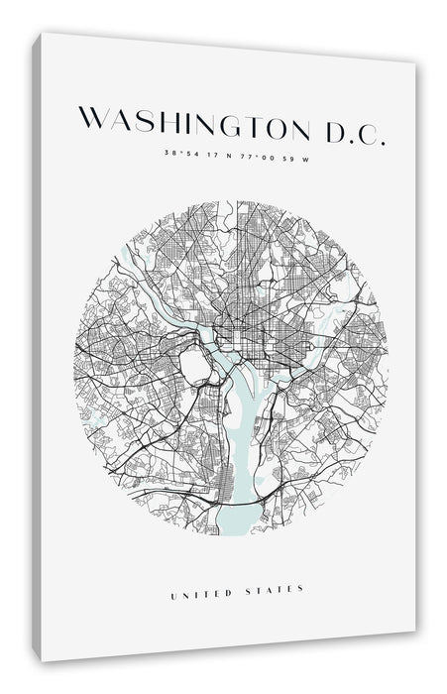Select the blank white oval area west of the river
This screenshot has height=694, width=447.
[x=196, y=370]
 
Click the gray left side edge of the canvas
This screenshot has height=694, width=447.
[x=37, y=347]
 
